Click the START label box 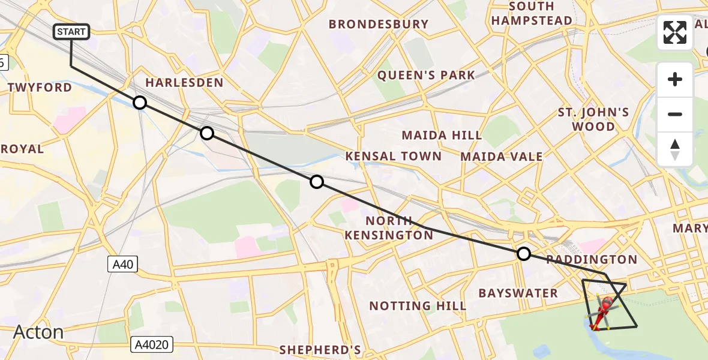click(x=72, y=32)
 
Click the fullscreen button click(x=675, y=32)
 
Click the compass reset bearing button click(x=675, y=149)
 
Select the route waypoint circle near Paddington click(x=524, y=254)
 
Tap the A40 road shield click(x=122, y=264)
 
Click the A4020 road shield click(x=152, y=344)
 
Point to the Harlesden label click(x=185, y=83)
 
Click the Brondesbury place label click(x=379, y=25)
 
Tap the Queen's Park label click(x=426, y=76)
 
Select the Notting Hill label click(x=418, y=306)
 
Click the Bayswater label click(x=518, y=293)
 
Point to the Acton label click(x=38, y=332)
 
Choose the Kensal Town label click(x=394, y=157)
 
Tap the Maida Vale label click(x=502, y=157)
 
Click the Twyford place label click(x=40, y=88)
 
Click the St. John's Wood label click(x=593, y=119)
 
